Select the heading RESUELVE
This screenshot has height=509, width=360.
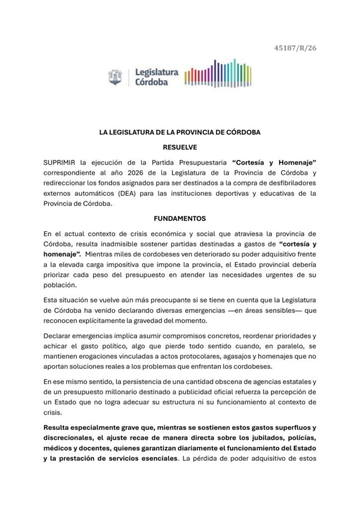(x=180, y=147)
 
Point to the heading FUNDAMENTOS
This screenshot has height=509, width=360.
(x=180, y=218)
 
